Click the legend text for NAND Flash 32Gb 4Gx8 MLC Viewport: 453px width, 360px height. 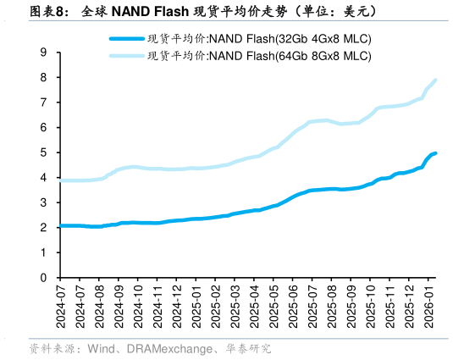pyautogui.click(x=259, y=39)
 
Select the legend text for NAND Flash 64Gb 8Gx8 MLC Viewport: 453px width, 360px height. pyautogui.click(x=259, y=56)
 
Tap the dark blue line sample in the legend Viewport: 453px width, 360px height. pyautogui.click(x=126, y=39)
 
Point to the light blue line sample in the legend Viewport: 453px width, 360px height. pyautogui.click(x=126, y=56)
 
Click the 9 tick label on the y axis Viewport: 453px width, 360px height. pyautogui.click(x=43, y=53)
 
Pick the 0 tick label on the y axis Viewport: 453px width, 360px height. pyautogui.click(x=43, y=277)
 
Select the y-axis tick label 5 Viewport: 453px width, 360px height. pyautogui.click(x=43, y=152)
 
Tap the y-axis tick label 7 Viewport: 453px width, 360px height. pyautogui.click(x=43, y=102)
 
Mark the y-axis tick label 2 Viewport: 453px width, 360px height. pyautogui.click(x=43, y=227)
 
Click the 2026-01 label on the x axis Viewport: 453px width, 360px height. pyautogui.click(x=428, y=307)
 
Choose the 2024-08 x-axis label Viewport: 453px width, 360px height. pyautogui.click(x=98, y=307)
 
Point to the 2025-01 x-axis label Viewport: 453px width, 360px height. pyautogui.click(x=196, y=307)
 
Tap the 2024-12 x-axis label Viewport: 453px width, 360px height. pyautogui.click(x=176, y=307)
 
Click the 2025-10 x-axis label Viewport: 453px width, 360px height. pyautogui.click(x=372, y=307)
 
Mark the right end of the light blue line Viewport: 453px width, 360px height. pyautogui.click(x=435, y=80)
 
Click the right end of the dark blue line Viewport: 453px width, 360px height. pyautogui.click(x=435, y=153)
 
